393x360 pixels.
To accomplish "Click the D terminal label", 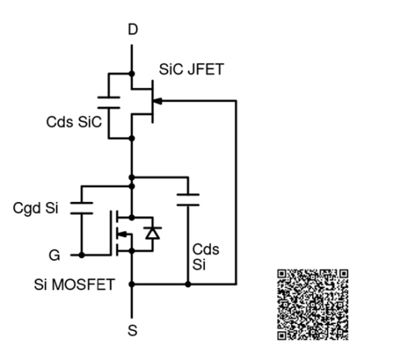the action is (x=133, y=29).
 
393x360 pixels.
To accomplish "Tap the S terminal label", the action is (x=133, y=331).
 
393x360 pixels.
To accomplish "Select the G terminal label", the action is (x=54, y=255).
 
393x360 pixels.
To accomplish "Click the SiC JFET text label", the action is (x=191, y=69).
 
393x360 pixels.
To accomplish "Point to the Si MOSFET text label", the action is (x=75, y=285).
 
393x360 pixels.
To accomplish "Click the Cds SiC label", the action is (x=74, y=122).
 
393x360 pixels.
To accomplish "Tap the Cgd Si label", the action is (x=35, y=208).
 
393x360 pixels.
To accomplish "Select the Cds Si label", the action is (x=206, y=257).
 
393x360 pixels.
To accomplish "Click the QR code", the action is (x=313, y=305).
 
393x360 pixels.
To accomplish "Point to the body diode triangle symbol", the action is (x=152, y=233).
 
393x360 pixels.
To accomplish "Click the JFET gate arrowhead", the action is (x=157, y=101).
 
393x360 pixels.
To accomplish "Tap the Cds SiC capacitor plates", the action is (x=108, y=102).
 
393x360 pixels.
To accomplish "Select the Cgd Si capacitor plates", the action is (x=82, y=208).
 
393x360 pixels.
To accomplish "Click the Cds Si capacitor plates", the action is (x=188, y=200).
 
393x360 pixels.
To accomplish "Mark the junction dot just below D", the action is (x=132, y=74).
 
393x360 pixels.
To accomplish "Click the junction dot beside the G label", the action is (x=82, y=255).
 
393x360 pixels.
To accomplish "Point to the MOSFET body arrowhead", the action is (x=123, y=234).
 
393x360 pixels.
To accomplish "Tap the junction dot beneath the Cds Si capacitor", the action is (x=188, y=284).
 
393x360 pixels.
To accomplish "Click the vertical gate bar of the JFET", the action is (x=152, y=101).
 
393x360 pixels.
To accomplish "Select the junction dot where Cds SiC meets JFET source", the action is (x=132, y=138).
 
